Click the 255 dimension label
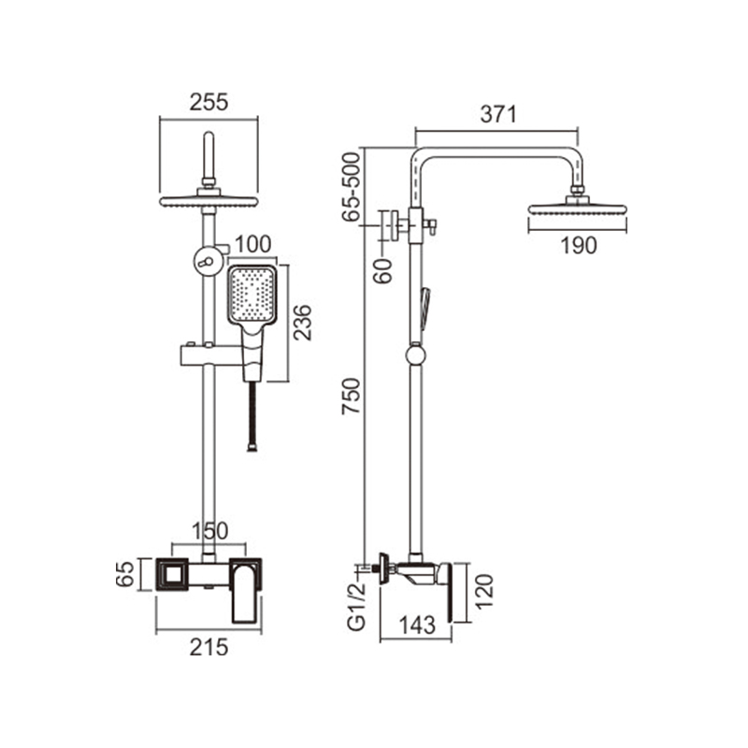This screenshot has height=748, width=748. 209,102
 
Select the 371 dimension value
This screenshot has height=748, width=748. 498,114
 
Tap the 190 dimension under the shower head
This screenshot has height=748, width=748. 578,246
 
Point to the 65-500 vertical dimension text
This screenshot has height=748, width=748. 352,186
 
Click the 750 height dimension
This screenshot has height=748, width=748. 352,396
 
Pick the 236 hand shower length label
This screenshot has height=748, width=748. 302,323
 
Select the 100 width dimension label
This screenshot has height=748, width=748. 252,244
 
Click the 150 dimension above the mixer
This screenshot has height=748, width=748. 209,531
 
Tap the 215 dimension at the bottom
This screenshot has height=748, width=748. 209,648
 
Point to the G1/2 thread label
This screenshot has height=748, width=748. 356,606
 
